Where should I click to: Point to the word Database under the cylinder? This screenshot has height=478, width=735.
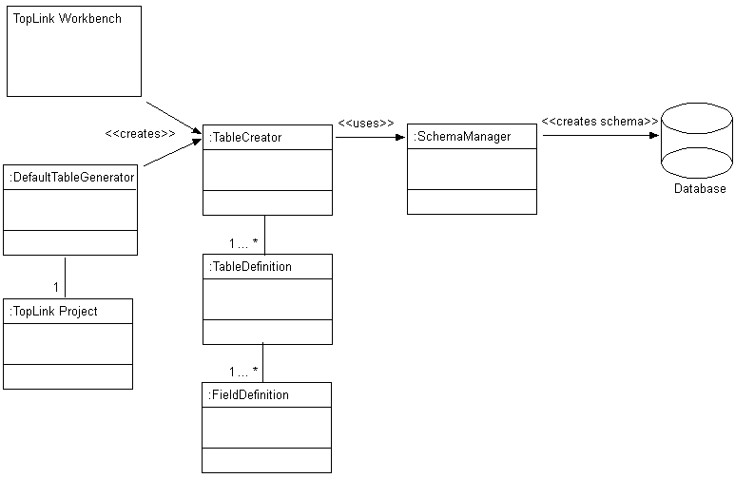coord(700,189)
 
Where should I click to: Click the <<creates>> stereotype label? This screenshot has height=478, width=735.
coord(140,134)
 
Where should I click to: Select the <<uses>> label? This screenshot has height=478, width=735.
coord(366,123)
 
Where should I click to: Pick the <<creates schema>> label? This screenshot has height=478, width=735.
coord(600,122)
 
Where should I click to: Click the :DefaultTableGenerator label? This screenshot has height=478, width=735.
coord(71,177)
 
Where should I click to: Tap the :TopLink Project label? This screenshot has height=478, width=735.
coord(54,312)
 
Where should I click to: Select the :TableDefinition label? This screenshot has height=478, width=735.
coord(250,267)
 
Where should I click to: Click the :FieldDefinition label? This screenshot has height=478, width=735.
coord(248,394)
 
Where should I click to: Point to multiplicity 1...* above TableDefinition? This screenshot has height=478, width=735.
coord(243,243)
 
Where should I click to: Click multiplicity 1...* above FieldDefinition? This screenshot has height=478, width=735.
coord(243,371)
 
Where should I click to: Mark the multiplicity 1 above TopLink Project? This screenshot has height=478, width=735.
coord(56,286)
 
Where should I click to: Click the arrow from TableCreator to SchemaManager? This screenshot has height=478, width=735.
coord(370,137)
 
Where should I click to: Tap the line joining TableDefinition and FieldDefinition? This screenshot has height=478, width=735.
coord(263,363)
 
